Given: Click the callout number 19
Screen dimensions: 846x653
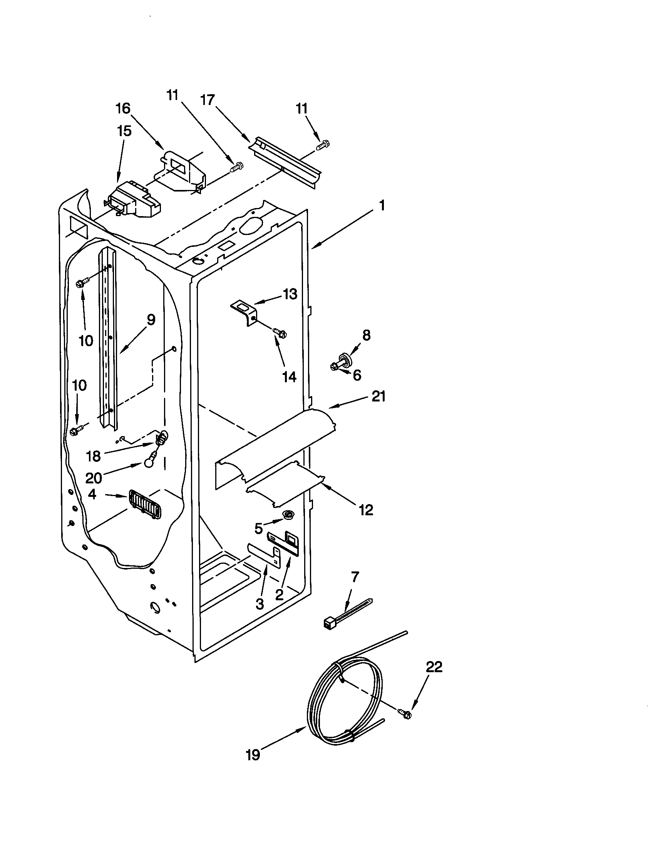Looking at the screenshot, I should coord(253,755).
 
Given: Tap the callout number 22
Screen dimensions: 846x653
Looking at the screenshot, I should coord(434,667).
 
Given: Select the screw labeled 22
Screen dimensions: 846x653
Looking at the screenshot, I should coord(405,713).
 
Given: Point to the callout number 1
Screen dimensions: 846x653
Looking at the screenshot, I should coord(382,206).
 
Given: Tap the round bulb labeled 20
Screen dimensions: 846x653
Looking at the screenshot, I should coord(148,463).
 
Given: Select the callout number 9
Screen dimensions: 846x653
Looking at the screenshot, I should coord(151,320).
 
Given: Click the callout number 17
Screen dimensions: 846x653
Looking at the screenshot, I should coord(208,100).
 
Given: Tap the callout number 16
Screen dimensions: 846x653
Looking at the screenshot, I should coord(123,108).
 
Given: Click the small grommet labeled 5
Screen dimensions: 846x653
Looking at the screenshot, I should coord(288,515).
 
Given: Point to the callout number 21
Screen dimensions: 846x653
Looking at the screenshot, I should coord(378,396).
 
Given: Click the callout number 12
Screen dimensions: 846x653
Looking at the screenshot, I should coord(365,510).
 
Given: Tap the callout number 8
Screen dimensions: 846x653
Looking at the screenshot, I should coord(366,335).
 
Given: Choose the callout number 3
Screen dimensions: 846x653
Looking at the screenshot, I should coord(260,603).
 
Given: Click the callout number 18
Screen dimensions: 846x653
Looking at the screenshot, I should coord(94,456).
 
